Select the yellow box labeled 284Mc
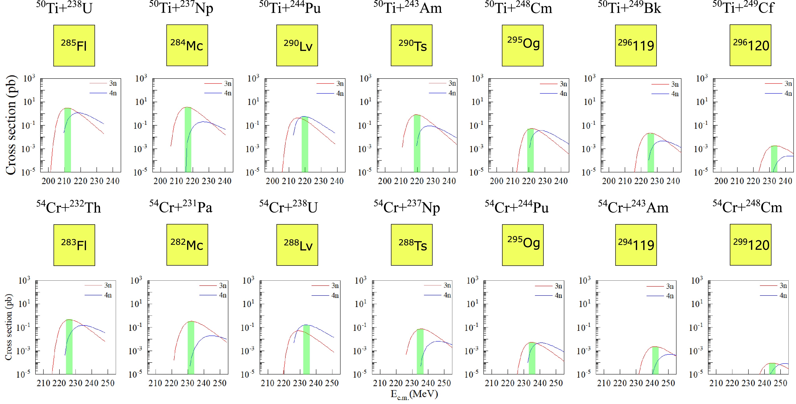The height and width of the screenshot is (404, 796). click(187, 45)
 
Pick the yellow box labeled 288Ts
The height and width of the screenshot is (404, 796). click(412, 245)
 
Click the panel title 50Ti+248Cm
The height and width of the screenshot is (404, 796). click(518, 8)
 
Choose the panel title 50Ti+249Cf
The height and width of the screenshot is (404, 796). click(743, 8)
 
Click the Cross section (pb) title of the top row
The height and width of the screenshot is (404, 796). click(11, 125)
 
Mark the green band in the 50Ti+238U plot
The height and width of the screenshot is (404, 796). click(68, 140)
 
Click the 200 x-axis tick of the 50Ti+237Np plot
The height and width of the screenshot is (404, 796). click(160, 181)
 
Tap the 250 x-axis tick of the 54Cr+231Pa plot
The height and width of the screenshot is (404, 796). click(220, 383)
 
